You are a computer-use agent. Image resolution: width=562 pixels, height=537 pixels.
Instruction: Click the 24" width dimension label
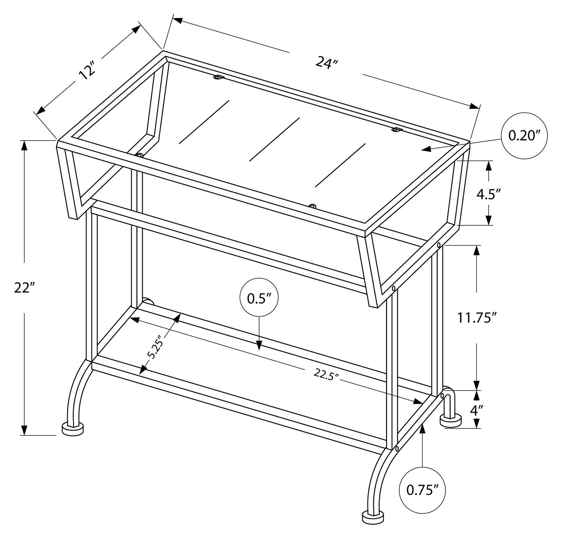coord(326,63)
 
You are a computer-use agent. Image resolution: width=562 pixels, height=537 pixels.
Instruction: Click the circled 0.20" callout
coord(524,136)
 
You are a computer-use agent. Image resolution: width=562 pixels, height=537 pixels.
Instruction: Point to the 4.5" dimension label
coord(488,194)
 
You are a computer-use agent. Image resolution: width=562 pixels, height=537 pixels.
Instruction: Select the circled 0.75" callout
coord(422,489)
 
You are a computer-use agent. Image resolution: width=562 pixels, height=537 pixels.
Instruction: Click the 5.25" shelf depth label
coord(156,347)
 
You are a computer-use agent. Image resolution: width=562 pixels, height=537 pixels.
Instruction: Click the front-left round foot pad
coord(73,429)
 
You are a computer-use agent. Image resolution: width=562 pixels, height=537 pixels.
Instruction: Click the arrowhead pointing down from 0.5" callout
coord(259,345)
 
